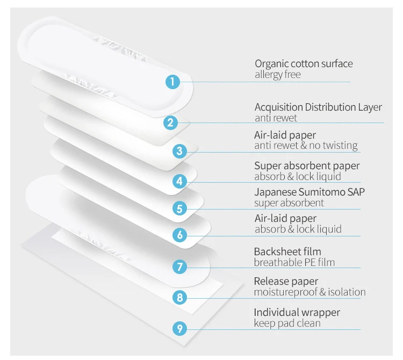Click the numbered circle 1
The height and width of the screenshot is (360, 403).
click(171, 82)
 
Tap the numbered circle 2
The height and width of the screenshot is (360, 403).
click(170, 122)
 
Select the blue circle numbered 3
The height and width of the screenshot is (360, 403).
click(179, 152)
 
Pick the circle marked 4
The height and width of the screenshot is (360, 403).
click(180, 181)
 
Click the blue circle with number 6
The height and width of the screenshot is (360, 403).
click(180, 234)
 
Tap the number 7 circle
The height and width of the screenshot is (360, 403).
click(180, 266)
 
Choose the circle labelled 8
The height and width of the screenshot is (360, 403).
click(180, 297)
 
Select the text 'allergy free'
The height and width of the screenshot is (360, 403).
click(277, 75)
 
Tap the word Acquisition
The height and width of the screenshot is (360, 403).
click(278, 107)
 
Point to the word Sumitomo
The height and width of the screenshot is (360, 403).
click(320, 192)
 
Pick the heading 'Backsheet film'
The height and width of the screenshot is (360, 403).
click(287, 251)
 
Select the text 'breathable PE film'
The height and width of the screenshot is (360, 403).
click(294, 262)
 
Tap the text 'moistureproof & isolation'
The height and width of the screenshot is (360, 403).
click(310, 292)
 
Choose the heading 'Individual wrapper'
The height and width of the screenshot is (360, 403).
click(297, 313)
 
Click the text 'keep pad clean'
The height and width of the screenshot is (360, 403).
click(287, 323)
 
